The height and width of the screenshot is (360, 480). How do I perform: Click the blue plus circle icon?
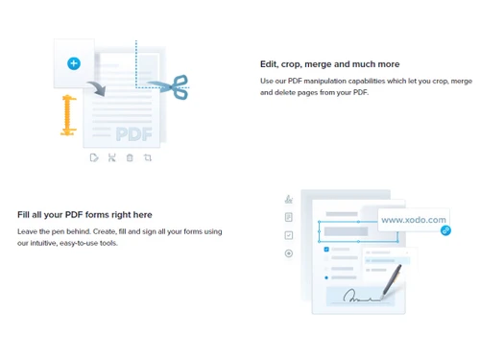pos(74,63)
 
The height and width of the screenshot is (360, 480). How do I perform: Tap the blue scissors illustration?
pos(173,88)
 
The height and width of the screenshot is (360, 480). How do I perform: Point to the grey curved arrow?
pos(95,89)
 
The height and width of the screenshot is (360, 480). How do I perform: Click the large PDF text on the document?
pos(133,133)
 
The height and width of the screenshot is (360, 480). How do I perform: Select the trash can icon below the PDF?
pos(130,157)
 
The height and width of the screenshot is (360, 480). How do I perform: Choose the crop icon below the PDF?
pos(148,157)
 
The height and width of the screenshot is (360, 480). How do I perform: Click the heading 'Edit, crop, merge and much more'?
pos(329,64)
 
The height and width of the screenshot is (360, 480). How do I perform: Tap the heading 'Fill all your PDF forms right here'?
pos(84,214)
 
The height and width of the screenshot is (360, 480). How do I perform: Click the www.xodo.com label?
pos(414,220)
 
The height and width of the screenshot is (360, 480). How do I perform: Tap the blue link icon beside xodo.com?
pos(445,230)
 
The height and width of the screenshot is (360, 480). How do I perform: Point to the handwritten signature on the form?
pos(363,295)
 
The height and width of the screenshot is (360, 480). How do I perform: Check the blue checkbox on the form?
pos(326,250)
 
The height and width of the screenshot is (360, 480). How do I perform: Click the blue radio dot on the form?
pos(326,277)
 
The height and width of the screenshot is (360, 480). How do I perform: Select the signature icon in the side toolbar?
pos(288,200)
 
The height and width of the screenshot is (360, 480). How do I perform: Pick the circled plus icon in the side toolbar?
pos(288,253)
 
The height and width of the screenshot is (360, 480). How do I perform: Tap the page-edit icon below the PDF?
pos(93,157)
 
